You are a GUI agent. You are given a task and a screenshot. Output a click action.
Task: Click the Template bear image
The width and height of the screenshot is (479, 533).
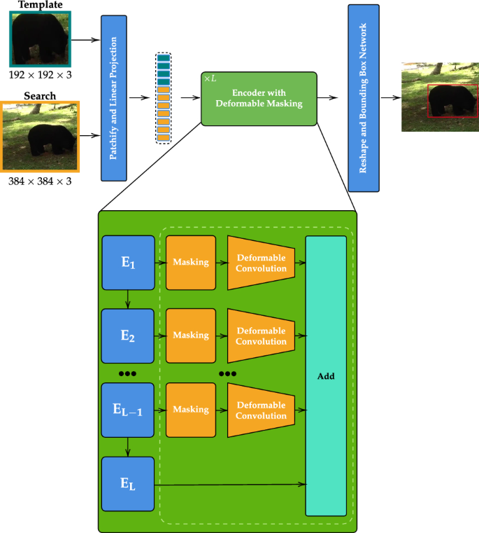pyautogui.click(x=40, y=39)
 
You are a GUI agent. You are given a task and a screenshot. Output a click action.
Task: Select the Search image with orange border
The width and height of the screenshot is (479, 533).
pyautogui.click(x=40, y=136)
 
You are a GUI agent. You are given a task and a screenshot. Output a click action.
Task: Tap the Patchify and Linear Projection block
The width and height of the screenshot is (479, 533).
pyautogui.click(x=117, y=98)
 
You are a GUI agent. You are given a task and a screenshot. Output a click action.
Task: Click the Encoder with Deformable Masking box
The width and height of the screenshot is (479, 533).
pyautogui.click(x=259, y=98)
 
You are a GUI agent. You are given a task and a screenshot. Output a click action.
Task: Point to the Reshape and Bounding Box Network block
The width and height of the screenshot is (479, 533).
pyautogui.click(x=363, y=98)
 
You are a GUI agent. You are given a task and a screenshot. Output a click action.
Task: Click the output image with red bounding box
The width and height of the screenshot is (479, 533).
pyautogui.click(x=440, y=97)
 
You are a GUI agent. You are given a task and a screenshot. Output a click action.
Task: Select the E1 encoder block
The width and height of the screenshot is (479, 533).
pyautogui.click(x=127, y=262)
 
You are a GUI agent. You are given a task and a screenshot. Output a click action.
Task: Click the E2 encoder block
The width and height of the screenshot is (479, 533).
pyautogui.click(x=127, y=335)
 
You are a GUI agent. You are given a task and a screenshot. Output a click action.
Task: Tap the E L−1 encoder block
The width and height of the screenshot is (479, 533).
pyautogui.click(x=127, y=410)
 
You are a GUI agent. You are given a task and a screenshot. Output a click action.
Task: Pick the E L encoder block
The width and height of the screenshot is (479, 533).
pyautogui.click(x=127, y=483)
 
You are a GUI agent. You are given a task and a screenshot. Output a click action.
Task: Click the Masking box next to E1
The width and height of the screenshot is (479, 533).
pyautogui.click(x=191, y=262)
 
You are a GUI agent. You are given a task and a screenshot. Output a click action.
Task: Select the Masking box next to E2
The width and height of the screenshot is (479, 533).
pyautogui.click(x=191, y=335)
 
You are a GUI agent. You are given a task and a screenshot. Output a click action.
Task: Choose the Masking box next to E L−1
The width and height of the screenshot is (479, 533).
pyautogui.click(x=191, y=410)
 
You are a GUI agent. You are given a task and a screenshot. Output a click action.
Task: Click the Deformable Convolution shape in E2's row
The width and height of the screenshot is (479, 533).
pyautogui.click(x=259, y=335)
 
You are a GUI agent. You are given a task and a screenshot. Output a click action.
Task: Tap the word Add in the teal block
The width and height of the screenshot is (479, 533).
pyautogui.click(x=326, y=376)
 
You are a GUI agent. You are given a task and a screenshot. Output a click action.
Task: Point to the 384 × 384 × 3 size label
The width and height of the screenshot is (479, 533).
pyautogui.click(x=40, y=181)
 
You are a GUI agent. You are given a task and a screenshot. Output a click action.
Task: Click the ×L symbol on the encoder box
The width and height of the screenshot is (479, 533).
pyautogui.click(x=210, y=78)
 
